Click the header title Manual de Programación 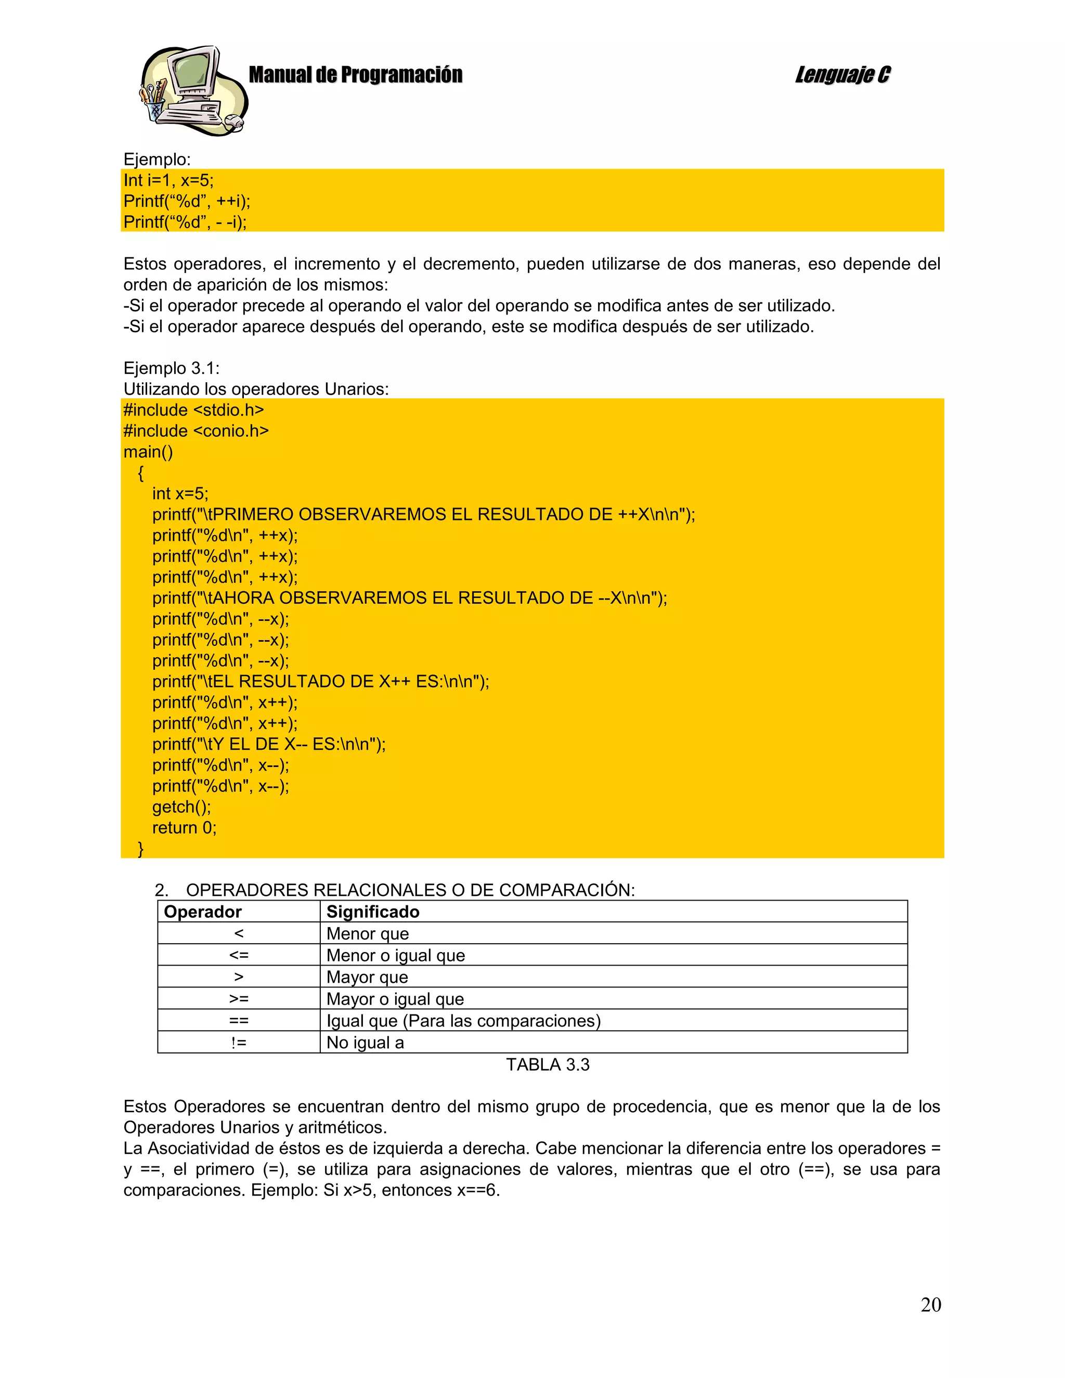click(x=355, y=75)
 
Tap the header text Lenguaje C click(x=842, y=75)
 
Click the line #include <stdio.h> click(x=193, y=410)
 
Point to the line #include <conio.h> click(x=196, y=431)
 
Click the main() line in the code click(x=148, y=452)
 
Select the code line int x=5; click(x=180, y=493)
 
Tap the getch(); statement click(x=181, y=807)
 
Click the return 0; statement click(x=184, y=828)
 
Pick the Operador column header click(x=202, y=912)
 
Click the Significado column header click(x=372, y=912)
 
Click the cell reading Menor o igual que click(x=396, y=955)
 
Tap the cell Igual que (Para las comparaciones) click(x=463, y=1021)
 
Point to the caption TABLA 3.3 click(x=547, y=1065)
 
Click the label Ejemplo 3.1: click(x=171, y=369)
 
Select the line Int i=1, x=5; click(x=168, y=180)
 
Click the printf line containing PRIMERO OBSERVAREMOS click(x=423, y=514)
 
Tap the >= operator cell click(x=239, y=999)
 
